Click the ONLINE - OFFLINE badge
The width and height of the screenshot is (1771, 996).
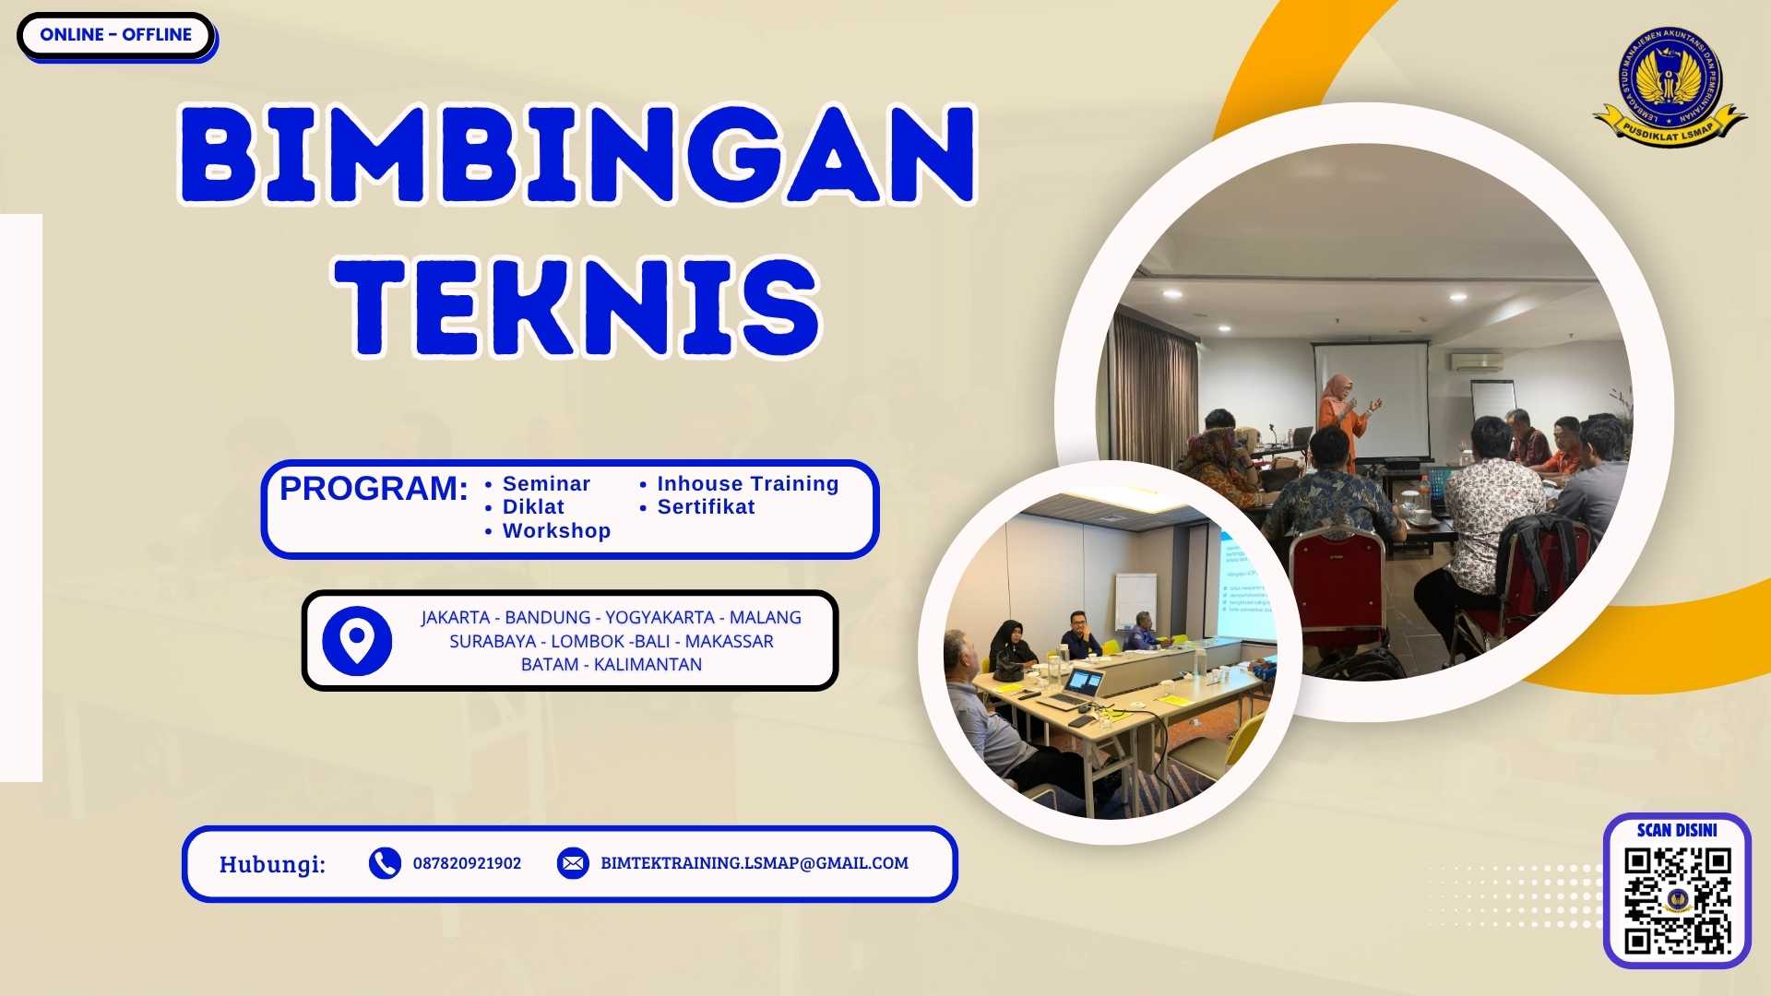click(115, 35)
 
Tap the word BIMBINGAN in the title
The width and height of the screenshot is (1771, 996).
click(577, 155)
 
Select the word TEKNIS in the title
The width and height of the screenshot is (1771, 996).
click(577, 307)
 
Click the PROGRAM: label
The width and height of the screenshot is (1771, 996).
click(374, 488)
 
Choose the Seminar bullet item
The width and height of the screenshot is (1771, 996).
click(546, 484)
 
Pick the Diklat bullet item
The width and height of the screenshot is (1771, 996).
click(533, 507)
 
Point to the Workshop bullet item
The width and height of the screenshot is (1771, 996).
click(556, 531)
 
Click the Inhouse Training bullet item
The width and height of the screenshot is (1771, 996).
click(747, 484)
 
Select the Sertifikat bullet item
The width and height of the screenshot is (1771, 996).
click(706, 507)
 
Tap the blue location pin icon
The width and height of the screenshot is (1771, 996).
click(357, 640)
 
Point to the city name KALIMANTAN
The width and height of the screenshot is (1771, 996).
click(648, 665)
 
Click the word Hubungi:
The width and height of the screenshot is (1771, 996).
click(272, 864)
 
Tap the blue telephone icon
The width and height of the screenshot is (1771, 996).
click(385, 863)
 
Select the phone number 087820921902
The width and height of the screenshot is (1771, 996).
click(467, 863)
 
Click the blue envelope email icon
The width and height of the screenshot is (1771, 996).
click(573, 863)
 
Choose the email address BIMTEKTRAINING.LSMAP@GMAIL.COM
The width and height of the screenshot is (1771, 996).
click(755, 863)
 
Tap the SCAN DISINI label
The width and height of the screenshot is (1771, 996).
click(1677, 830)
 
